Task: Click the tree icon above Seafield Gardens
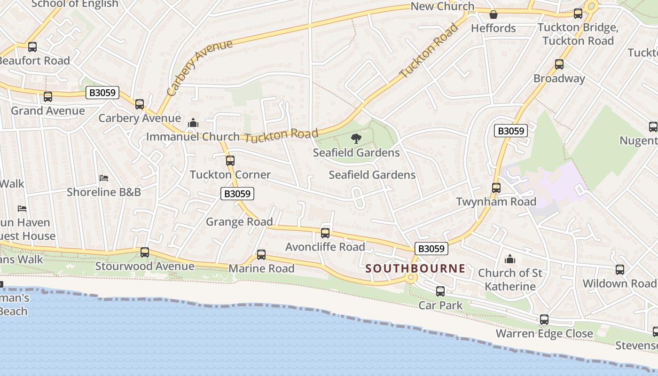click(356, 138)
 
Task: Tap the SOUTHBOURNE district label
click(415, 268)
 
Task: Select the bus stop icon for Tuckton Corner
click(230, 161)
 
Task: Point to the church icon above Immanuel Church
click(193, 123)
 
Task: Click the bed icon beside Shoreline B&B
click(104, 178)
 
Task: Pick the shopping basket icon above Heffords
click(493, 15)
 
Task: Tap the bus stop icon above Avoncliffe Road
click(325, 233)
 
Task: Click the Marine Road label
click(261, 268)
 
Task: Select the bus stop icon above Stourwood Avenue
click(145, 252)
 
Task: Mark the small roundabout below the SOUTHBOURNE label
click(411, 278)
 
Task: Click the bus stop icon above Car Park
click(440, 291)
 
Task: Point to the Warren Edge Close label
click(544, 334)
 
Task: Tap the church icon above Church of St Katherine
click(510, 259)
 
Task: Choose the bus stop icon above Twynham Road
click(496, 188)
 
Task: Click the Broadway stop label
click(559, 78)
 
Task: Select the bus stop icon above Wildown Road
click(620, 270)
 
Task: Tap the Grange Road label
click(239, 222)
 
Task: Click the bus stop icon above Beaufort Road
click(32, 47)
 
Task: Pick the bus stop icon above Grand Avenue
click(48, 97)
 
